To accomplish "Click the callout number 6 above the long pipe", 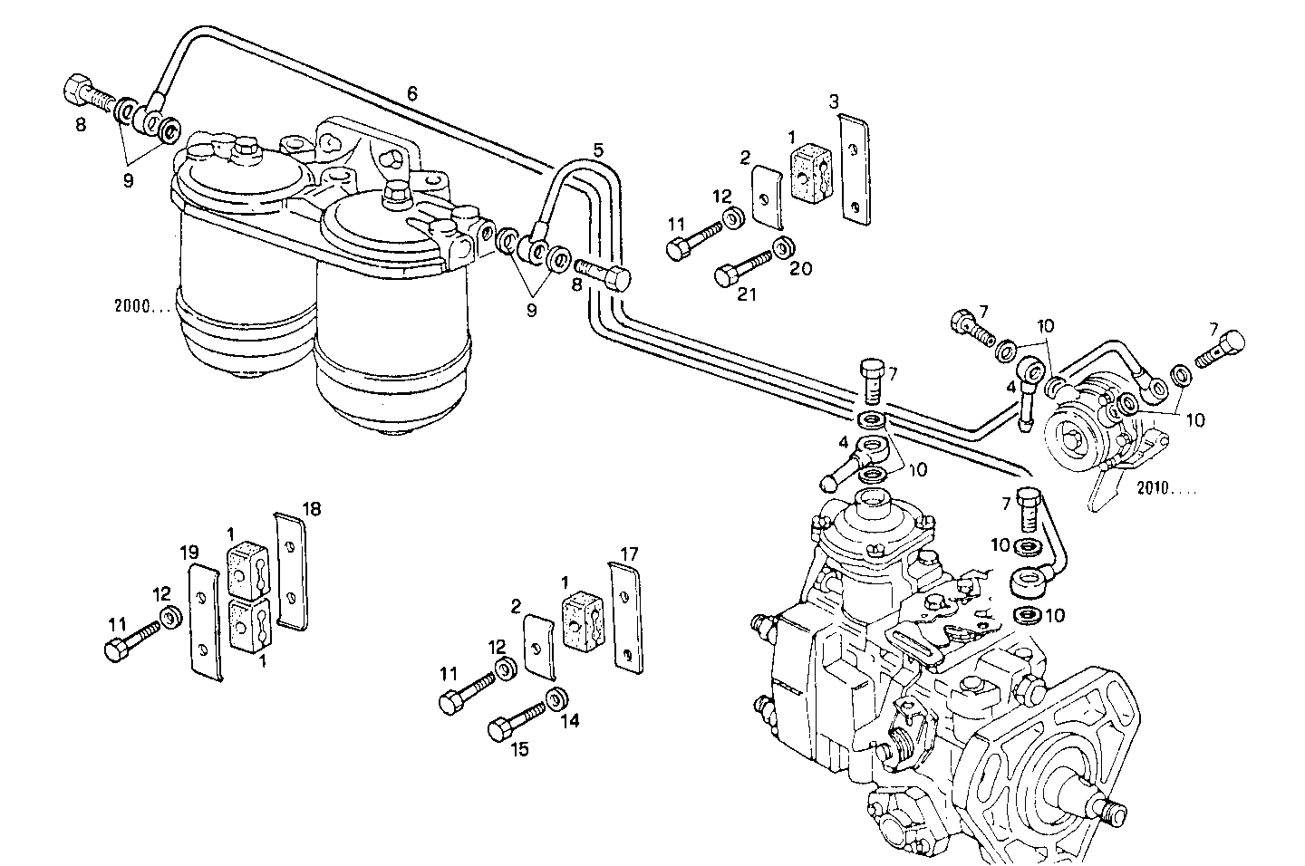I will pyautogui.click(x=412, y=93).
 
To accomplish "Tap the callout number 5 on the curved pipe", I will pyautogui.click(x=599, y=149).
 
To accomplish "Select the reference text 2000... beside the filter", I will pyautogui.click(x=143, y=305).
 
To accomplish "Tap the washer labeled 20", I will pyautogui.click(x=783, y=248).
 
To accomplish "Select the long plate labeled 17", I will pyautogui.click(x=624, y=616).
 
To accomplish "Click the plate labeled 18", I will pyautogui.click(x=290, y=570).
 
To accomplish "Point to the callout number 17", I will pyautogui.click(x=630, y=552).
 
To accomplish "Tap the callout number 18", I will pyautogui.click(x=311, y=509).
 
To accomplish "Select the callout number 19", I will pyautogui.click(x=188, y=553).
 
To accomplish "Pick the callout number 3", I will pyautogui.click(x=835, y=101).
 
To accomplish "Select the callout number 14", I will pyautogui.click(x=568, y=722).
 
